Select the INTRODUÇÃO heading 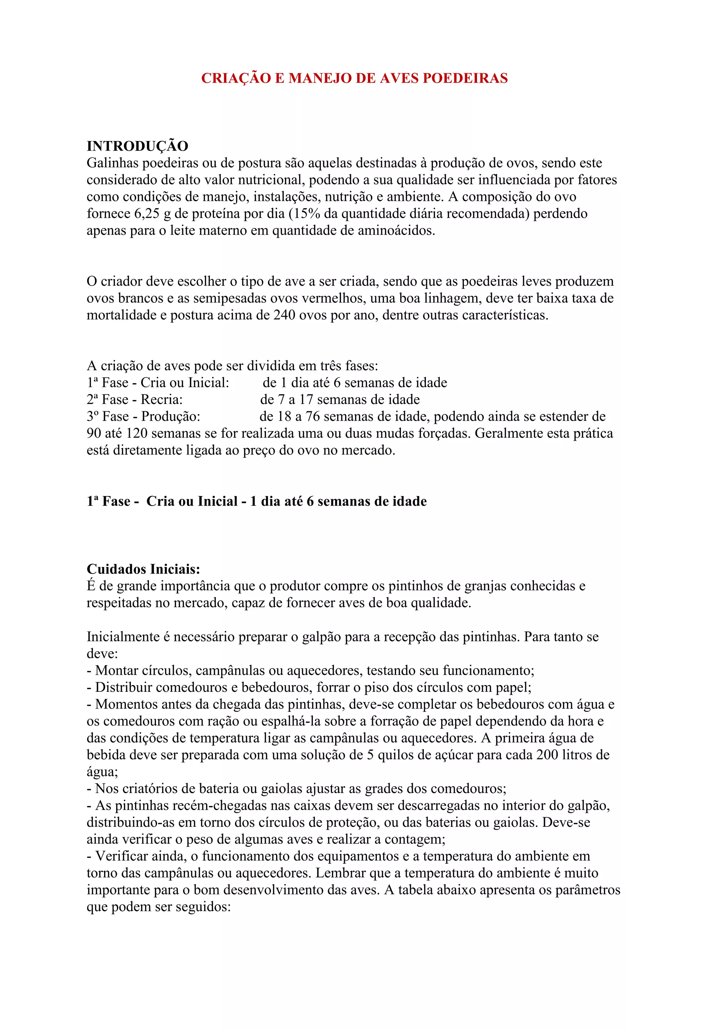pyautogui.click(x=137, y=146)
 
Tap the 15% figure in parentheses pyautogui.click(x=307, y=214)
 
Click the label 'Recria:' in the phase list pyautogui.click(x=162, y=400)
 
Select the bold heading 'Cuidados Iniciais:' pyautogui.click(x=144, y=569)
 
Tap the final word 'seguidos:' pyautogui.click(x=202, y=907)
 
